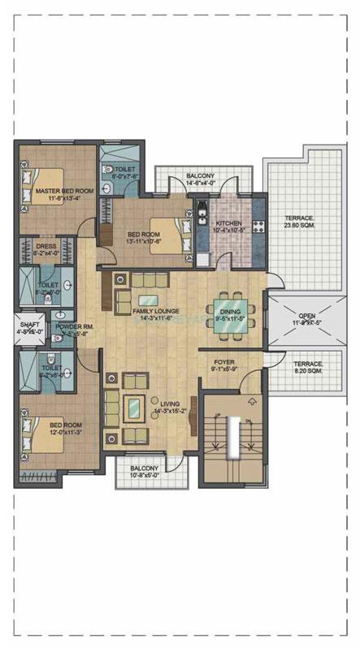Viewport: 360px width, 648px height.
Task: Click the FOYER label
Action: pos(224,363)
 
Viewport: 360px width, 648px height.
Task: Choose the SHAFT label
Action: pos(29,324)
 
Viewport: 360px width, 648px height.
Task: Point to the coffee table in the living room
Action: pos(132,405)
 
